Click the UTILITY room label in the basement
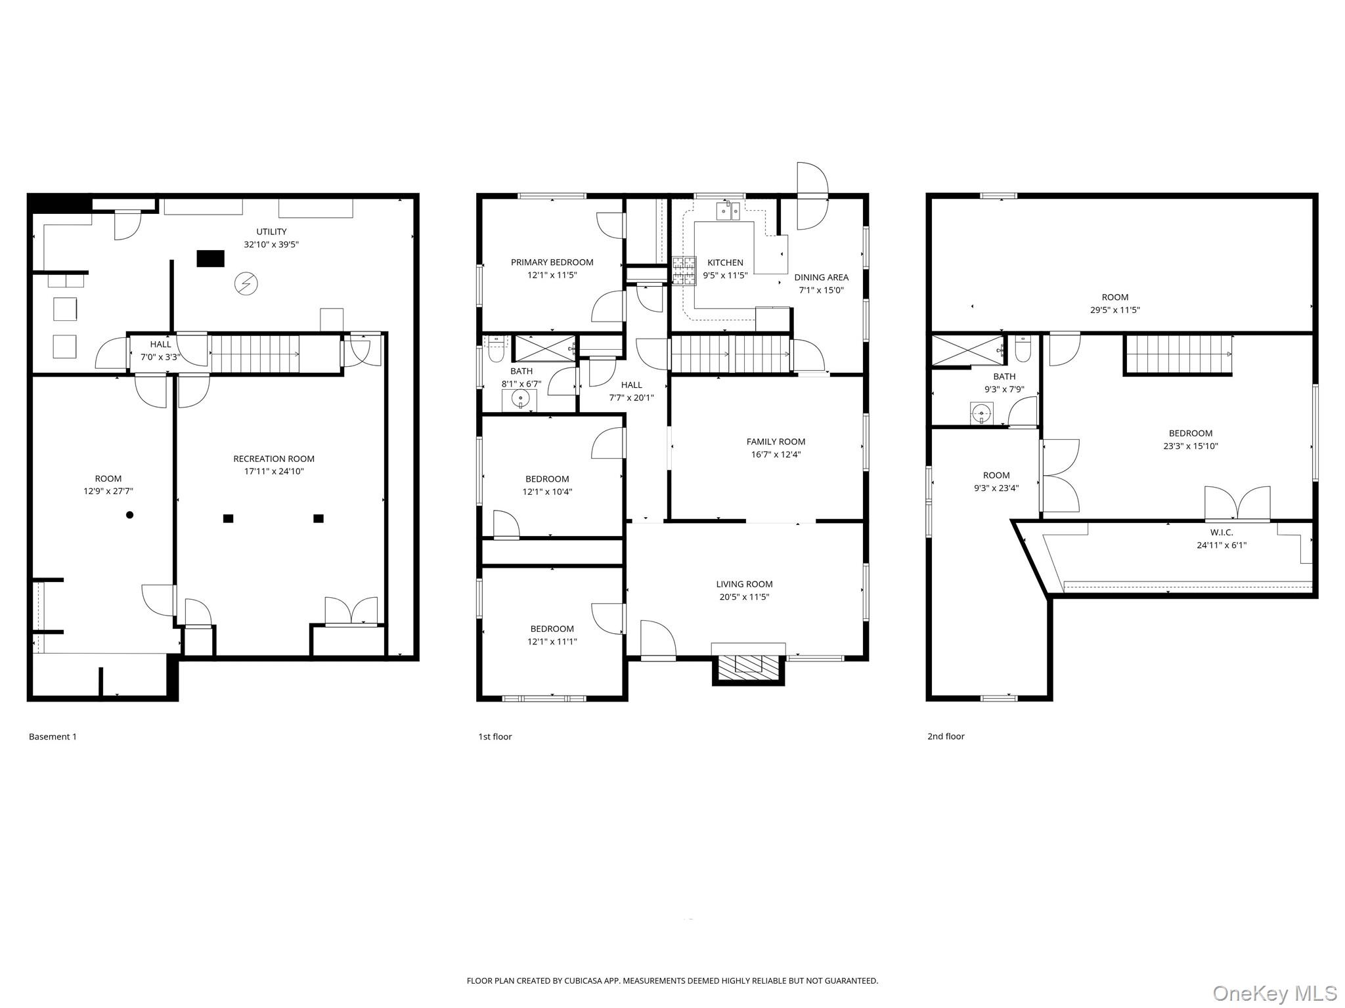tap(271, 232)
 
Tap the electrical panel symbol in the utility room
tap(246, 283)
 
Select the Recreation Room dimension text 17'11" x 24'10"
tap(274, 471)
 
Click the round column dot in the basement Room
tap(130, 515)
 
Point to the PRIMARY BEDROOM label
tap(552, 262)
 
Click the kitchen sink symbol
tap(728, 211)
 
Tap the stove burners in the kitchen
tap(684, 271)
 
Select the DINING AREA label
tap(821, 278)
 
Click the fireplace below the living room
tap(749, 668)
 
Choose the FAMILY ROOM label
tap(776, 442)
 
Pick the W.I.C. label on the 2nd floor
tap(1222, 532)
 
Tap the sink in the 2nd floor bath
tap(982, 413)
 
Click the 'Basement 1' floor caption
tap(53, 736)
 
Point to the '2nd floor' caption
tap(946, 736)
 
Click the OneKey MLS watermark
tap(1275, 993)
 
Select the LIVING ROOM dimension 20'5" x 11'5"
tap(744, 597)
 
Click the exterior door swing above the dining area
tap(812, 196)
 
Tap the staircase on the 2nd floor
tap(1178, 354)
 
